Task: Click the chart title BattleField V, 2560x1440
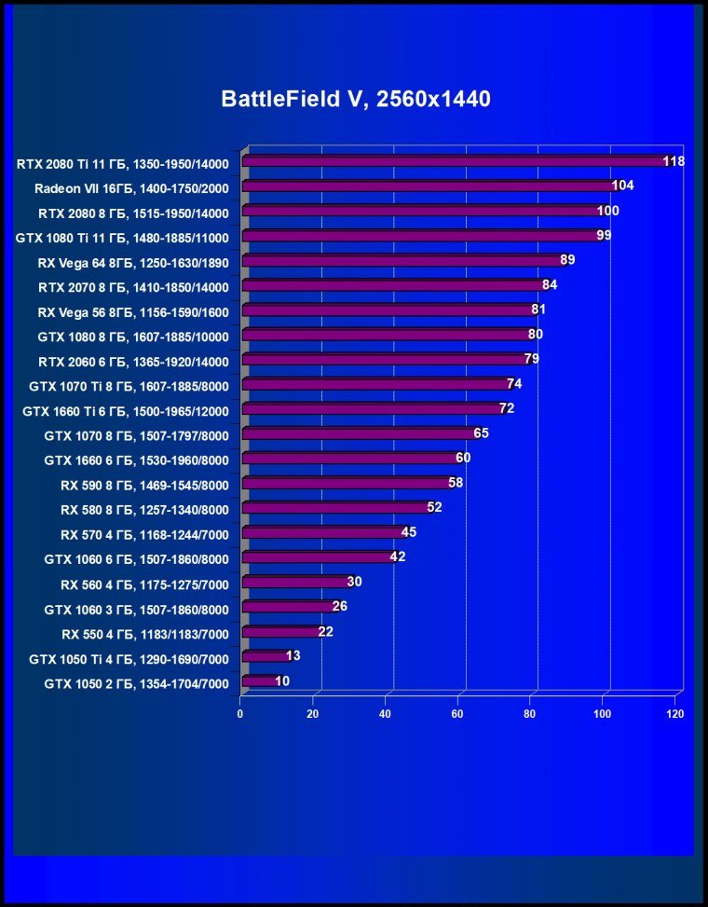click(355, 99)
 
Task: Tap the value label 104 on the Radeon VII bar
click(622, 186)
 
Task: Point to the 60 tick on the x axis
click(457, 714)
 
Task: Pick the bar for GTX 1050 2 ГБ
click(258, 681)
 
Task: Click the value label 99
click(604, 235)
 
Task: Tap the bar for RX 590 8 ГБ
click(346, 483)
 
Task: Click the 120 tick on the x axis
click(675, 714)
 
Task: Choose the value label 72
click(507, 408)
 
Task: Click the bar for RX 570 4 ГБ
click(322, 532)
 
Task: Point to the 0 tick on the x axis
click(240, 714)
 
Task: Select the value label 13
click(293, 656)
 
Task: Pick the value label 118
click(674, 161)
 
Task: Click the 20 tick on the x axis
click(313, 714)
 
